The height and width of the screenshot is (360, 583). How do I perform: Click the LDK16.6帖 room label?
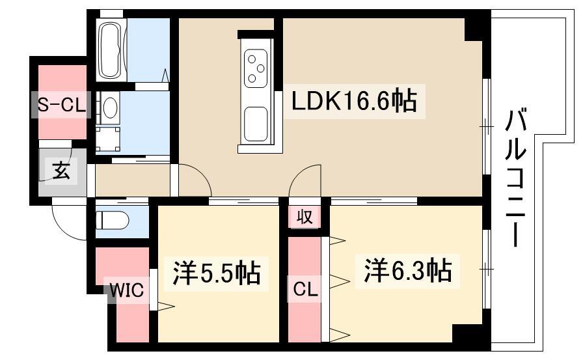click(354, 101)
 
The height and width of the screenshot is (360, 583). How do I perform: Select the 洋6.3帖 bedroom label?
click(408, 271)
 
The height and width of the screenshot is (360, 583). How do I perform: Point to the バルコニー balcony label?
click(515, 178)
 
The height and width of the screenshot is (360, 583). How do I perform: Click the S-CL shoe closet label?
click(61, 105)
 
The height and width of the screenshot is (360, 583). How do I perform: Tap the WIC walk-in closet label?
click(126, 289)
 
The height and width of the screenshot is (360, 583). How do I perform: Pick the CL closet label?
click(305, 289)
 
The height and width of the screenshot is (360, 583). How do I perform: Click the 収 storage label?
click(305, 216)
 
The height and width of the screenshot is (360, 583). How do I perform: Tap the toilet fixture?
click(111, 221)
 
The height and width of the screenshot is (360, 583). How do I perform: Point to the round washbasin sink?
click(109, 108)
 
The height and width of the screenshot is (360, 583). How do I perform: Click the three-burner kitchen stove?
click(256, 69)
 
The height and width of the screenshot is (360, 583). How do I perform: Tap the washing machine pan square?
click(108, 139)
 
